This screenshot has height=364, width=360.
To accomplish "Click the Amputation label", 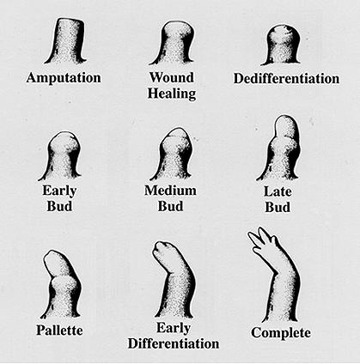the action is [64, 78].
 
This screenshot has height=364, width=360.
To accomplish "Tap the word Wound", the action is [172, 77].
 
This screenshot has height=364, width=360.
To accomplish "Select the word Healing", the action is [172, 94].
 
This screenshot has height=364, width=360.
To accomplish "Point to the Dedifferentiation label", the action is [286, 78].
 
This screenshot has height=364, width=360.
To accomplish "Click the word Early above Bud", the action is [59, 191].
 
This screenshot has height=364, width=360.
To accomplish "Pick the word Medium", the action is [170, 191].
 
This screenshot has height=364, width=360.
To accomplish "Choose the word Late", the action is [278, 191].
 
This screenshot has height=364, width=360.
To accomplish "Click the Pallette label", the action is [59, 331].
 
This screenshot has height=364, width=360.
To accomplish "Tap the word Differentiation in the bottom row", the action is [174, 343].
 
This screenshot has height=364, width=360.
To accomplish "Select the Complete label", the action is [281, 333].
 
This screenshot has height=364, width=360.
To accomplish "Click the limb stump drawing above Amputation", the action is [66, 41].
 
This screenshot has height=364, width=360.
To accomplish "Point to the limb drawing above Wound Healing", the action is [173, 43].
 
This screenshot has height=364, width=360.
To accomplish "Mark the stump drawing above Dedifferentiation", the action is [282, 45].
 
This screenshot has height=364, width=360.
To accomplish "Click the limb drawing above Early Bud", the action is [61, 155].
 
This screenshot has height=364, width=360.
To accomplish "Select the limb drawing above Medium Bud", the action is [172, 154].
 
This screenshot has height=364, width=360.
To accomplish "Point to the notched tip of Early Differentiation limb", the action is [166, 252].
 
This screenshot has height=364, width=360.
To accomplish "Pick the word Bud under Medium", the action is [170, 206].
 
